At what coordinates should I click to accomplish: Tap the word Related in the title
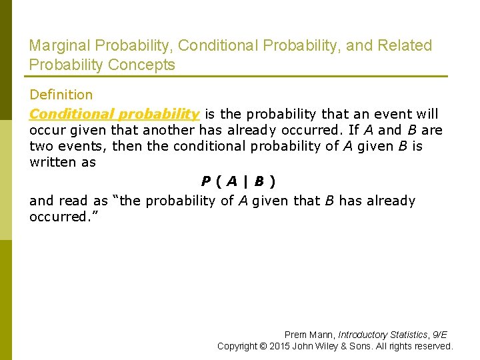404,45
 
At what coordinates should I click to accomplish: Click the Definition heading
61,95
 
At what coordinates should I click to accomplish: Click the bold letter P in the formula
206,181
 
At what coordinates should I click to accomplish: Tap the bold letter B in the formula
259,181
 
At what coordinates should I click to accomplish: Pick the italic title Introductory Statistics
383,335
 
